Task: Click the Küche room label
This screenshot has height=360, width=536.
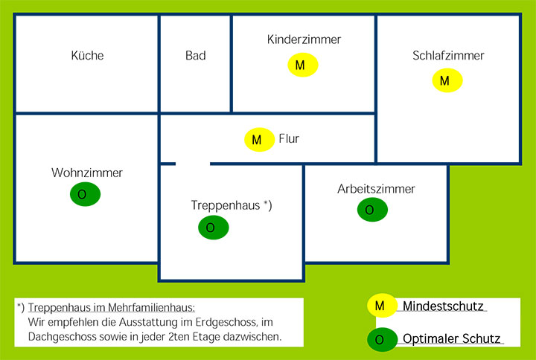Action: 87,55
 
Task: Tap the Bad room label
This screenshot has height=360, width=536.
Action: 196,55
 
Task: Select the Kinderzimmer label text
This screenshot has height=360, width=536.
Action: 304,39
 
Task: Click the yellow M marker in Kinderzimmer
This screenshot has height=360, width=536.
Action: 303,65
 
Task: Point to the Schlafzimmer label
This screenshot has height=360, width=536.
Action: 448,55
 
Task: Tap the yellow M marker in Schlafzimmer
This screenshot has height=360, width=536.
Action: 447,80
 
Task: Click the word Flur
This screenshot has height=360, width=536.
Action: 289,138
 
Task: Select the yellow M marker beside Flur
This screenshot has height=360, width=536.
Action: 260,140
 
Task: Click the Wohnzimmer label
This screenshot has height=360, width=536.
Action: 87,173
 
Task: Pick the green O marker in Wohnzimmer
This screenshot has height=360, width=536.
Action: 85,194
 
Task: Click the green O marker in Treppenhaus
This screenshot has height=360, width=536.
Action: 214,228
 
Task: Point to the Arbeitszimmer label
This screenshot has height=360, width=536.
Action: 376,189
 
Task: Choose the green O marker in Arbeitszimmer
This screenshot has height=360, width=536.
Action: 372,210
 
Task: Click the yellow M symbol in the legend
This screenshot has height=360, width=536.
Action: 382,306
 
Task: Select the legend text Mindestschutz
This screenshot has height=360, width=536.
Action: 443,306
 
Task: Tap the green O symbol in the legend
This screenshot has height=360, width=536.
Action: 382,339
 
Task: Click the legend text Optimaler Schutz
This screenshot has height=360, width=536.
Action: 452,339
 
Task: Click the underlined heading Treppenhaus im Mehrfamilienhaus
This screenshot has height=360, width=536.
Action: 112,307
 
